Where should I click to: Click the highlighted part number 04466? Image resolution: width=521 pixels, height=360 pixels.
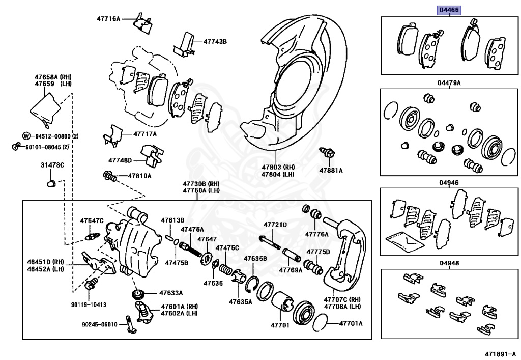click(x=450, y=9)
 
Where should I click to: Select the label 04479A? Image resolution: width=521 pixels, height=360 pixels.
click(x=450, y=82)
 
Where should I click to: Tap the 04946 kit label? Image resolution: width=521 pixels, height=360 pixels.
click(x=450, y=182)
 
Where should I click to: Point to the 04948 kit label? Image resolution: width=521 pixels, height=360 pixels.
click(x=450, y=263)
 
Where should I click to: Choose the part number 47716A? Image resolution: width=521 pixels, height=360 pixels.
click(x=108, y=19)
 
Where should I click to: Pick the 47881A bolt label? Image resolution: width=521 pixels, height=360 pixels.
click(x=331, y=170)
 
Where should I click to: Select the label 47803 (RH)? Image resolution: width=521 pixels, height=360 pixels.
click(x=278, y=167)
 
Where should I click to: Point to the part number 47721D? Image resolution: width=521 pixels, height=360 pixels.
click(x=275, y=225)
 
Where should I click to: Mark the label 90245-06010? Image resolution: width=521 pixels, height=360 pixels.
click(x=100, y=324)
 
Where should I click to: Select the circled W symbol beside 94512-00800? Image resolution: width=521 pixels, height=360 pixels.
click(x=26, y=136)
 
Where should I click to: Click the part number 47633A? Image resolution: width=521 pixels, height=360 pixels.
click(x=170, y=293)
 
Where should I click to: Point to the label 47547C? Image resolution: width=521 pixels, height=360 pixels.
click(x=92, y=220)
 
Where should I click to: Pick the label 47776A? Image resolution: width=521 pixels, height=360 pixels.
click(x=317, y=234)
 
